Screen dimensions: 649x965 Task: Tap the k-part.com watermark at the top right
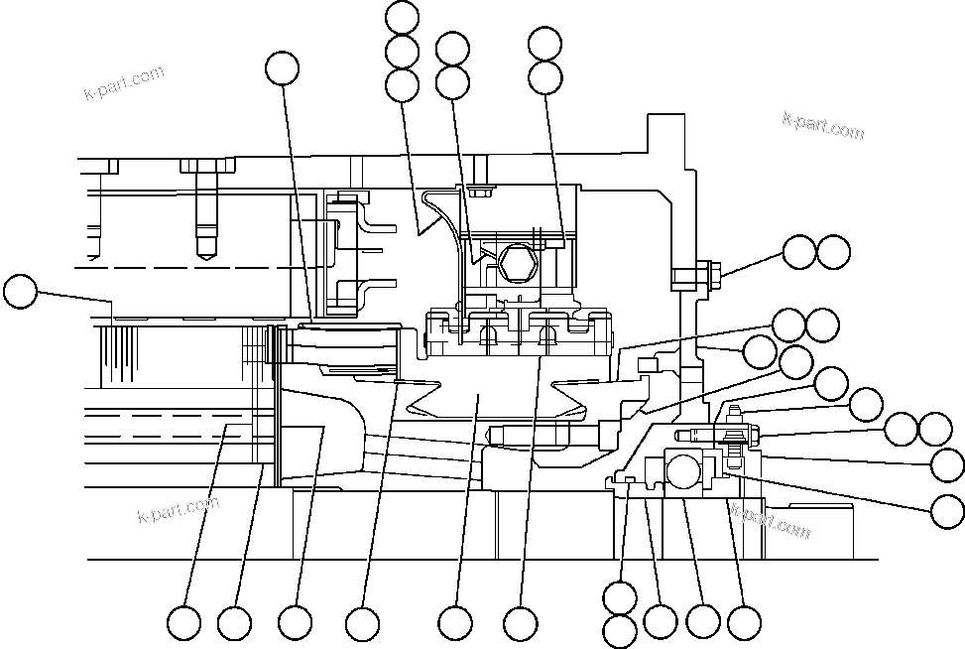point(823,124)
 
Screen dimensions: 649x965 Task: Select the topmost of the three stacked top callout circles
point(402,18)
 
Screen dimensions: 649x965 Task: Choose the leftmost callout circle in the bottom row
point(183,623)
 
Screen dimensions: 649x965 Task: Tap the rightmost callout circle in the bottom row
point(744,622)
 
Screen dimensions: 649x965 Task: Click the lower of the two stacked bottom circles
point(620,631)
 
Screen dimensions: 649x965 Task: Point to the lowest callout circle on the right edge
point(948,510)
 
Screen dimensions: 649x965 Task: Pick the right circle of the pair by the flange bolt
point(834,252)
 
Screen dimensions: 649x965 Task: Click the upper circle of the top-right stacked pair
point(545,43)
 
